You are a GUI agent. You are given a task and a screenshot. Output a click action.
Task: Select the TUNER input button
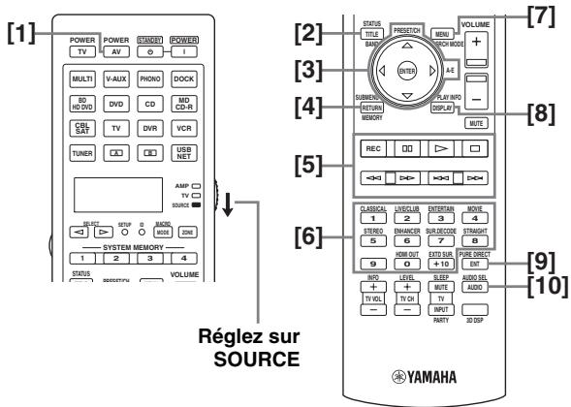(x=79, y=153)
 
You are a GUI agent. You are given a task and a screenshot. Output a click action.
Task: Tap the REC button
(x=371, y=152)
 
